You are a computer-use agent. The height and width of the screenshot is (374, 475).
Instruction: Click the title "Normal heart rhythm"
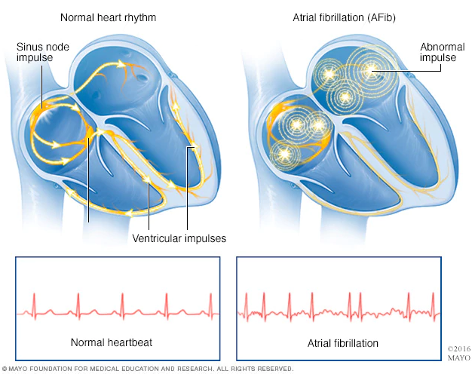coord(108,17)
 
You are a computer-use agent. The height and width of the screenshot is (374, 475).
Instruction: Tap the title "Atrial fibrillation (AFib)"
coord(344,17)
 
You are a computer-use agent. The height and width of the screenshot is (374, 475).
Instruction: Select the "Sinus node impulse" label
coord(43,52)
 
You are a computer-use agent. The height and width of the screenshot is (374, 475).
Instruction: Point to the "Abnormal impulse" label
coord(443,52)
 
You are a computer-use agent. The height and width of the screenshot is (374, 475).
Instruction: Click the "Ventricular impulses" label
coord(179,238)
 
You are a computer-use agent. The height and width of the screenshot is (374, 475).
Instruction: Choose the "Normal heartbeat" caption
coord(112,342)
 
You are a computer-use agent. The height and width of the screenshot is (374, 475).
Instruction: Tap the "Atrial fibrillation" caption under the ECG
coord(343,343)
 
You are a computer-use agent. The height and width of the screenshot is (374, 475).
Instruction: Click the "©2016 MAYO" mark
coord(459,354)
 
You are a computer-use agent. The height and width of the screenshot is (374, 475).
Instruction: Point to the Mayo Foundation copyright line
coord(148,369)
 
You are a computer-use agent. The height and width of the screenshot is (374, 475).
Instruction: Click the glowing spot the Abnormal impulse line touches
coord(371,71)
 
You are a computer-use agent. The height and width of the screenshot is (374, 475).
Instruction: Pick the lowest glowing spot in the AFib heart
coord(284,155)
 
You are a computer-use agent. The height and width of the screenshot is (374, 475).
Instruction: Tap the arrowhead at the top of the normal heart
coord(121,63)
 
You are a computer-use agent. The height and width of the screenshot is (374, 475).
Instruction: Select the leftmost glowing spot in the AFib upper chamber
coord(329,74)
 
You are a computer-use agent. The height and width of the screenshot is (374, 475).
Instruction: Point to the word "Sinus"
coord(28,47)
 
